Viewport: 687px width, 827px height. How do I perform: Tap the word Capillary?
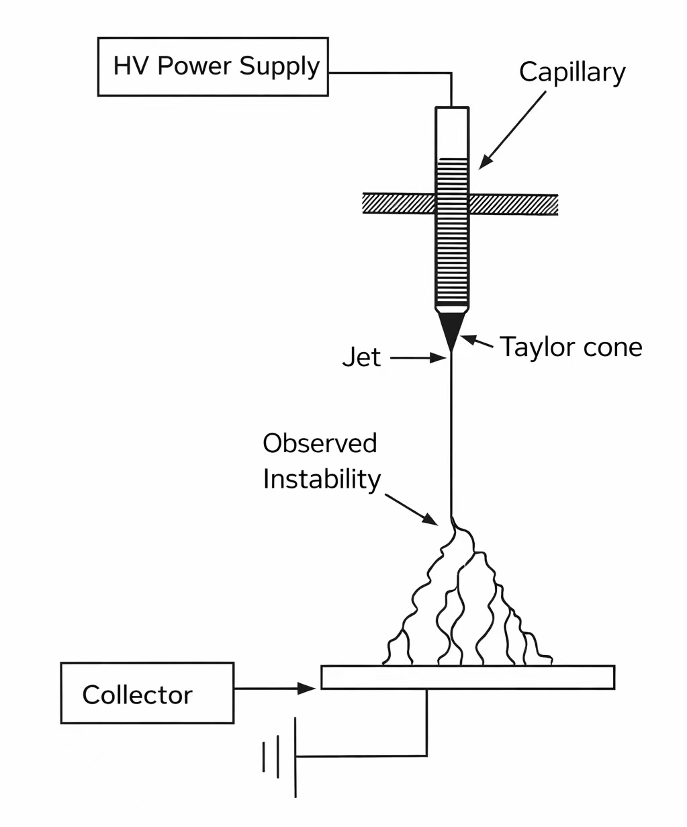click(572, 73)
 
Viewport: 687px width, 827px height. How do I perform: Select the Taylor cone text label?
click(571, 347)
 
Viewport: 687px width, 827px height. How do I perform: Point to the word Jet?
click(361, 357)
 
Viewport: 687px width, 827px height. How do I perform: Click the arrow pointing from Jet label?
click(418, 358)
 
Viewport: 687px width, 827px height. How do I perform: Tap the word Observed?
click(320, 443)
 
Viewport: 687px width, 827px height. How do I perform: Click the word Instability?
click(322, 480)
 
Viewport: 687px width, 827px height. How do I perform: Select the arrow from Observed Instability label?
click(412, 510)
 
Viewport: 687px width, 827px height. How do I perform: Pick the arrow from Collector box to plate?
click(275, 689)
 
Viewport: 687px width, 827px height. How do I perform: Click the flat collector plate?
click(467, 677)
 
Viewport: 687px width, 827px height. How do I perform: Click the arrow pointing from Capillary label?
click(512, 130)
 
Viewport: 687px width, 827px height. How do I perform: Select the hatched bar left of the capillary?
click(399, 204)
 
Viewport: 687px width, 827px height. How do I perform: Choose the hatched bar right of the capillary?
click(514, 204)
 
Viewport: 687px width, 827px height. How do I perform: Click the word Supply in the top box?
click(279, 67)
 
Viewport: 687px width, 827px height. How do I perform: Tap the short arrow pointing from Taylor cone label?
click(477, 341)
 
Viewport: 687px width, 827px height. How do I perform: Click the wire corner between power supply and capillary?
click(451, 73)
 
